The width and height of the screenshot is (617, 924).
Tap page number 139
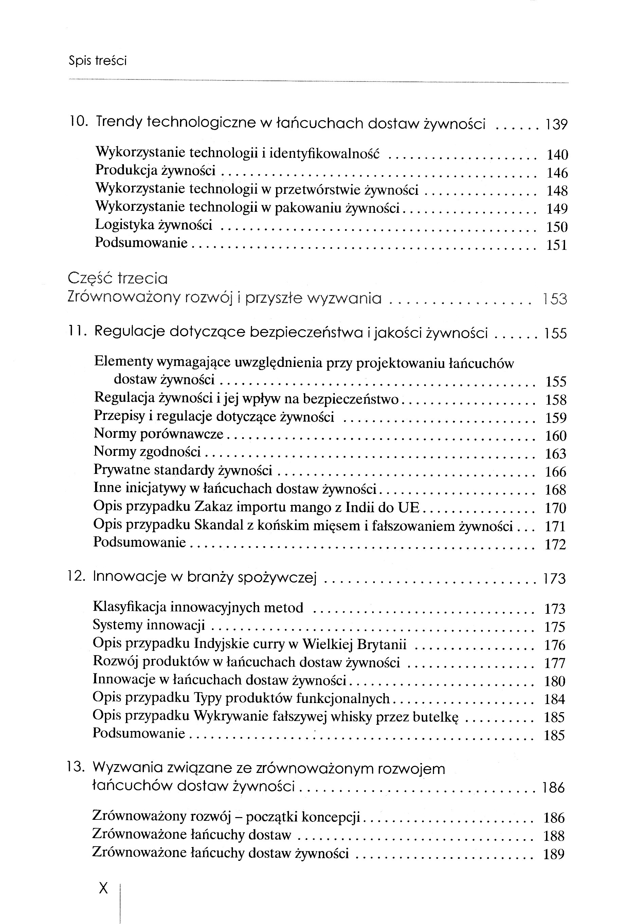(556, 125)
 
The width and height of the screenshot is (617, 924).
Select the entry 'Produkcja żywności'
(155, 170)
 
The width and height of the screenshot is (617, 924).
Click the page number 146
(557, 173)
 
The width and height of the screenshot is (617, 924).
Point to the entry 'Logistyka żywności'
(153, 225)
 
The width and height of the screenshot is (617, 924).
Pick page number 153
(555, 299)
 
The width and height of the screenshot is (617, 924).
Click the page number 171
(555, 526)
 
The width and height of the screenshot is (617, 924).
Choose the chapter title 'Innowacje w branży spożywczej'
(205, 577)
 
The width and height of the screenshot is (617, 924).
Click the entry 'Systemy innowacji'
(149, 625)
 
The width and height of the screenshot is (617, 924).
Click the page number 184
(555, 699)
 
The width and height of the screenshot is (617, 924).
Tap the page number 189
(554, 854)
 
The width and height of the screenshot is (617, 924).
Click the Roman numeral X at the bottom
(104, 887)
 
